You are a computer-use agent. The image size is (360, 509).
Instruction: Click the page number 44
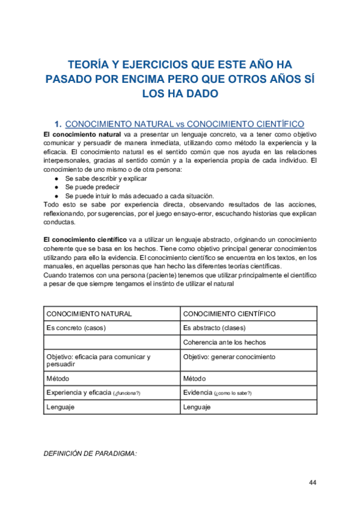pos(313,483)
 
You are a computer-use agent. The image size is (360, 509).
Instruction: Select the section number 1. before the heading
pos(58,124)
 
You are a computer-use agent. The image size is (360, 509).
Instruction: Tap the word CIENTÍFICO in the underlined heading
pos(275,124)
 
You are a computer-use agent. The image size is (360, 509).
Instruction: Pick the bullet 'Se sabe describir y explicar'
pos(106,179)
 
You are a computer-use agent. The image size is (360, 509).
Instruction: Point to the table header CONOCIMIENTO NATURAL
pos(90,313)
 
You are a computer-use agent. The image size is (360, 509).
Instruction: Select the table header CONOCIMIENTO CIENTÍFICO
pos(229,313)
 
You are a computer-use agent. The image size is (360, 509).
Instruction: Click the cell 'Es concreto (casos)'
pos(75,328)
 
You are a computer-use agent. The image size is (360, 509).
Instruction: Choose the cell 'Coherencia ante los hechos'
pos(224,342)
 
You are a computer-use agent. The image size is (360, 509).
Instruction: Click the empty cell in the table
pos(111,342)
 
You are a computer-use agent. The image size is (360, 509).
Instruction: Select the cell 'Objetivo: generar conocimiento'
pos(229,357)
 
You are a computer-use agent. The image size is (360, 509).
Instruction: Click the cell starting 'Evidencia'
pos(217,393)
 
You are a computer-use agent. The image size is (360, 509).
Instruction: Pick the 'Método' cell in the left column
pos(58,379)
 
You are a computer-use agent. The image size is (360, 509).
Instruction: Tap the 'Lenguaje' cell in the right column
pos(197,407)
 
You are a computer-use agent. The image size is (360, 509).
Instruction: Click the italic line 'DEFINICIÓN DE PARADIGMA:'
pos(90,454)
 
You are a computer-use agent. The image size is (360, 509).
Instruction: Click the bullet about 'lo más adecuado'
pos(139,196)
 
